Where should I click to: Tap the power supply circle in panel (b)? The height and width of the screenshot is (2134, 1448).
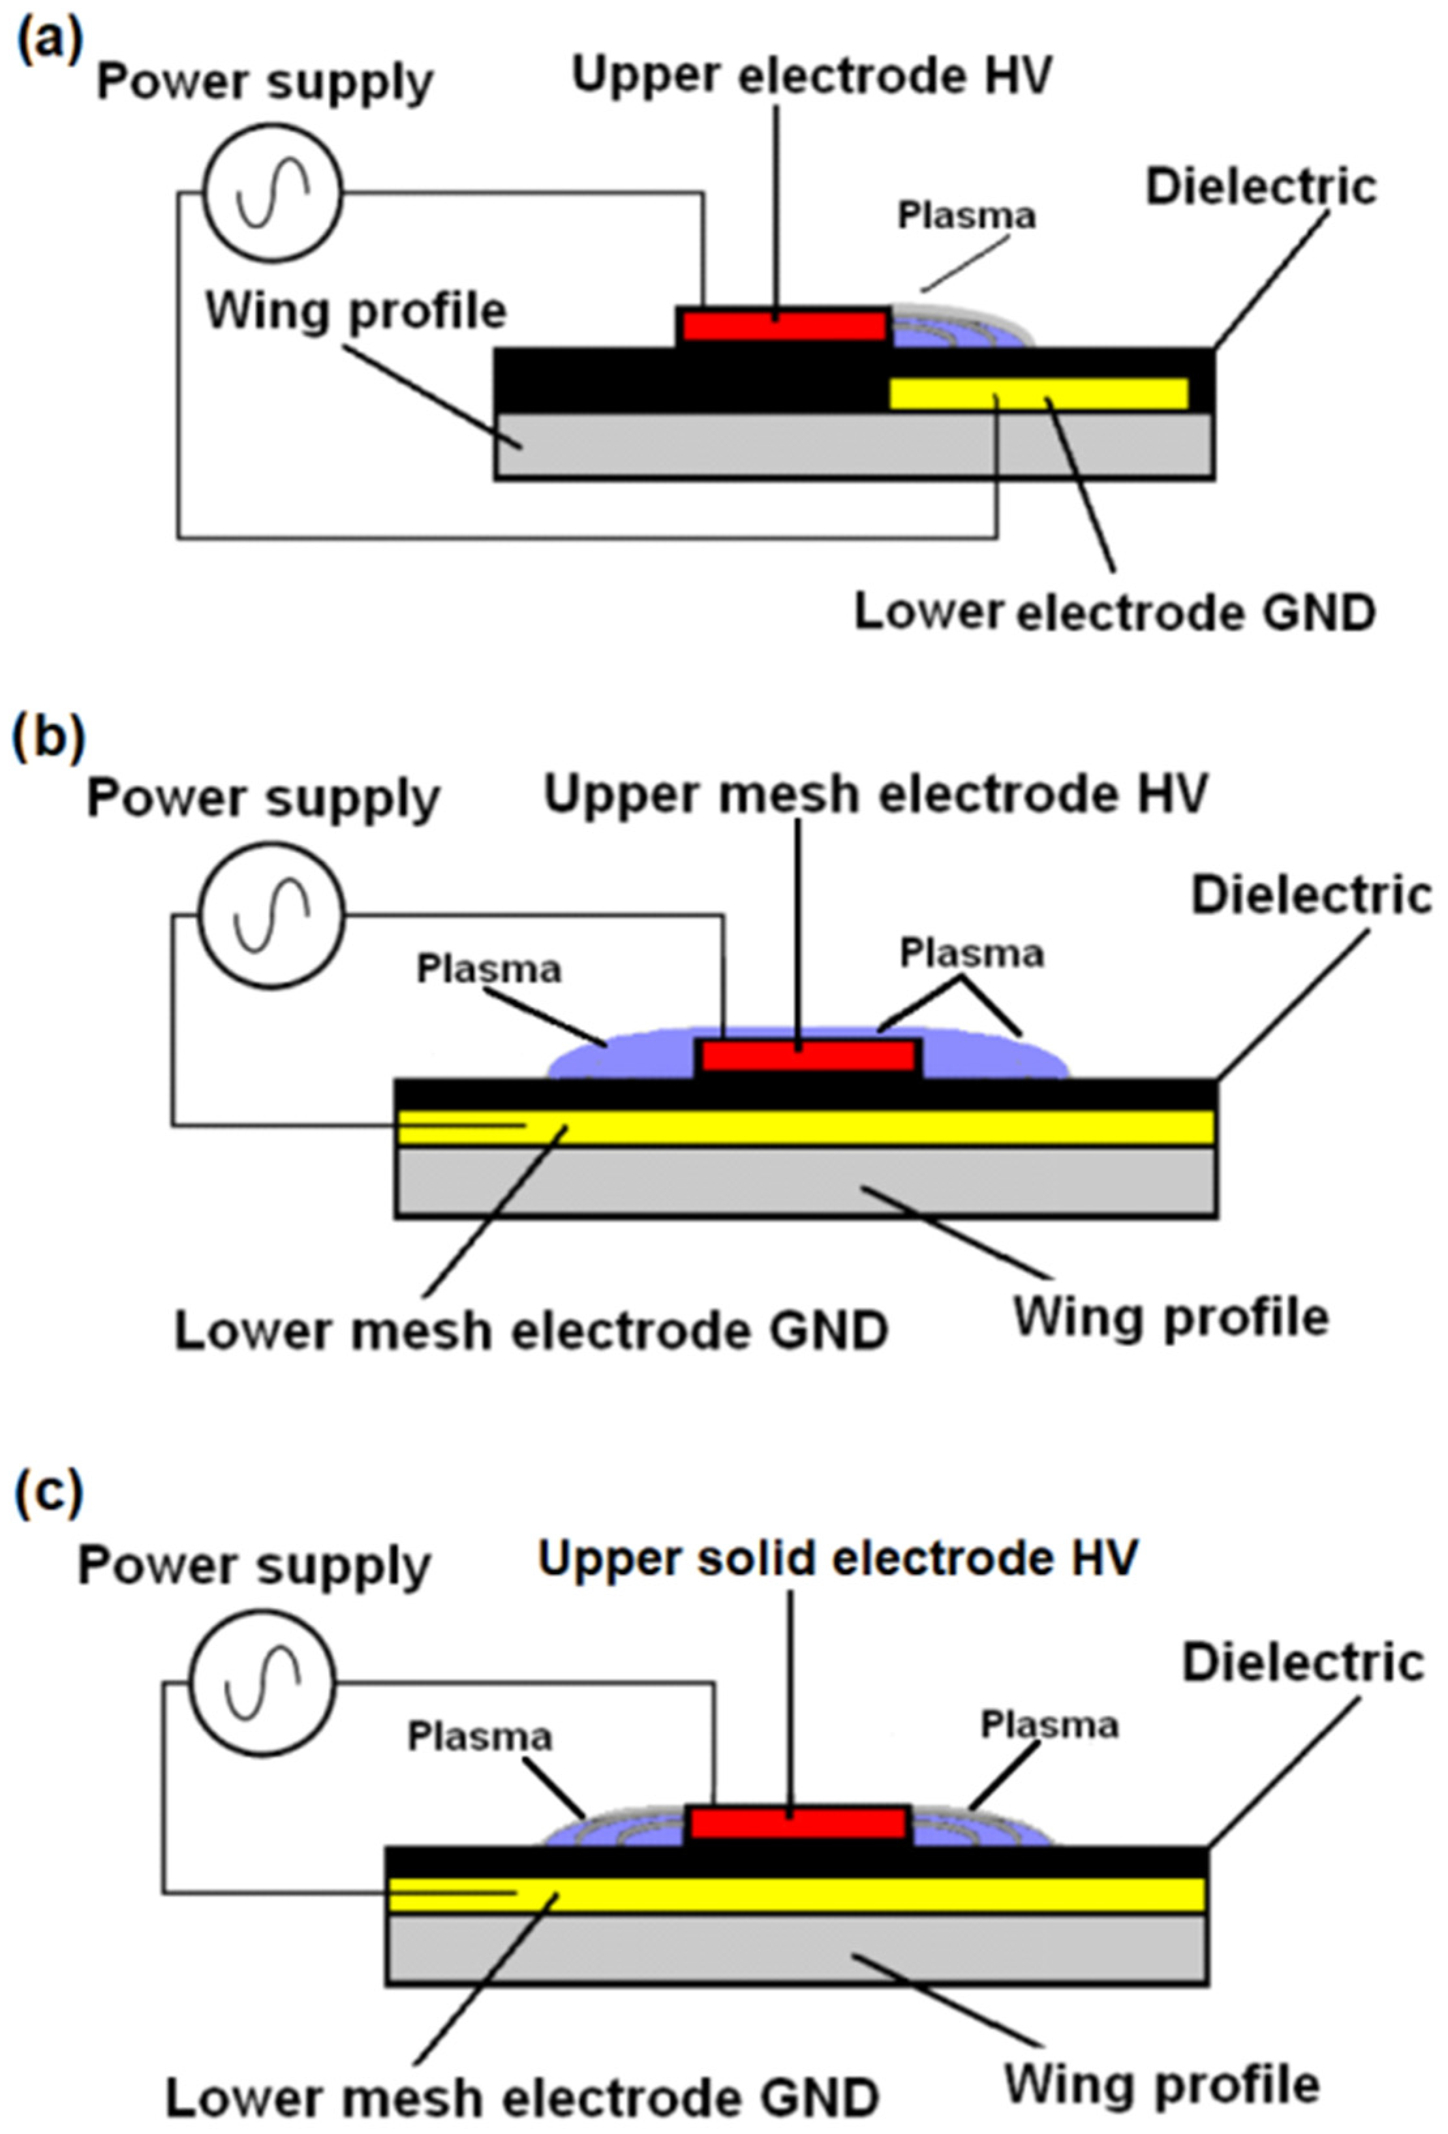tap(272, 916)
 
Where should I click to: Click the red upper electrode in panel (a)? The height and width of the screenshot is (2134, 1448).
tap(783, 325)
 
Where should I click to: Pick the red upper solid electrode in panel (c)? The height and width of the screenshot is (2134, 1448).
tap(798, 1823)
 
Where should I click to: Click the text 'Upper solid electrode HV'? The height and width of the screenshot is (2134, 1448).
tap(837, 1558)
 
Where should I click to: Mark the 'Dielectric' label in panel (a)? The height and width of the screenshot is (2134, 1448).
tap(1261, 187)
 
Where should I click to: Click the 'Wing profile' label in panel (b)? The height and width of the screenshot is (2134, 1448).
tap(1170, 1318)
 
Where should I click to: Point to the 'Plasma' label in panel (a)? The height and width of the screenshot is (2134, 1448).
tap(966, 215)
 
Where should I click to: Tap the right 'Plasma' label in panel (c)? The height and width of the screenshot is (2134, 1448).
tap(1049, 1725)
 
